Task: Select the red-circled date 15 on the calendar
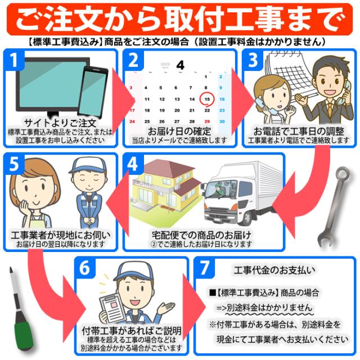point(207,99)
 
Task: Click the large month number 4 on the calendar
point(180,65)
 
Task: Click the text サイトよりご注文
point(61,123)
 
